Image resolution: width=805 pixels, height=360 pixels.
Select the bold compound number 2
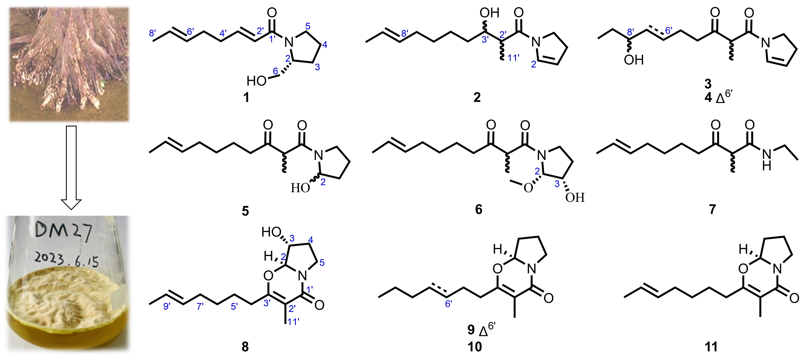coord(477,98)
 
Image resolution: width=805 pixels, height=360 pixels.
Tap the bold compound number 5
coord(245,211)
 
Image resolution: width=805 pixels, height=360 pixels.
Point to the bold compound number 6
coord(478,209)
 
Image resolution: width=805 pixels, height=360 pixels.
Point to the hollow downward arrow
coord(72,167)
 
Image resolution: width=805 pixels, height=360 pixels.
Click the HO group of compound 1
coord(256,81)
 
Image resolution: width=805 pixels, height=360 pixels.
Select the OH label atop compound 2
coord(489,13)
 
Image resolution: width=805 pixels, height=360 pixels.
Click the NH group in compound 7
coord(766,159)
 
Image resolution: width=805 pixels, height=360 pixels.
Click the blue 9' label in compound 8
coord(167,306)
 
